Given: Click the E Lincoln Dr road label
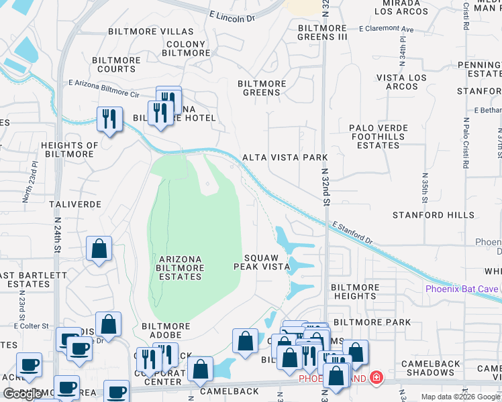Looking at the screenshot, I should point(232,16).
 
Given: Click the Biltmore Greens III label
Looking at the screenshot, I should point(322,33).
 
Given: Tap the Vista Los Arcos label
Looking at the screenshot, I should point(401,82).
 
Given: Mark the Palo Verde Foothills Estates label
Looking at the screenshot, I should point(379,136).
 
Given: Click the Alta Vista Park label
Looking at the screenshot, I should point(285,157).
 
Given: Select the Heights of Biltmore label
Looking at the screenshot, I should point(69,149).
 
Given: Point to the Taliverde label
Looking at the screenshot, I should point(75,204).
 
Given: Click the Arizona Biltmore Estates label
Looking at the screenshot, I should point(181,267).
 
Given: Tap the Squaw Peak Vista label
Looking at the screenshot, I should point(261,262).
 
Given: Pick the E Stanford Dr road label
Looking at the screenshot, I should point(351,234).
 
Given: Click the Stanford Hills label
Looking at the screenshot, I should point(428,215).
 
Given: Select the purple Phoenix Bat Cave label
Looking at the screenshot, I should point(462,289).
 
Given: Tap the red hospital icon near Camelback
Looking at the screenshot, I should point(376,379).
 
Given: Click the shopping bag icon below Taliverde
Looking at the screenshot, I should point(99,249).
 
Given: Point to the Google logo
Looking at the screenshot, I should point(23,394).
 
